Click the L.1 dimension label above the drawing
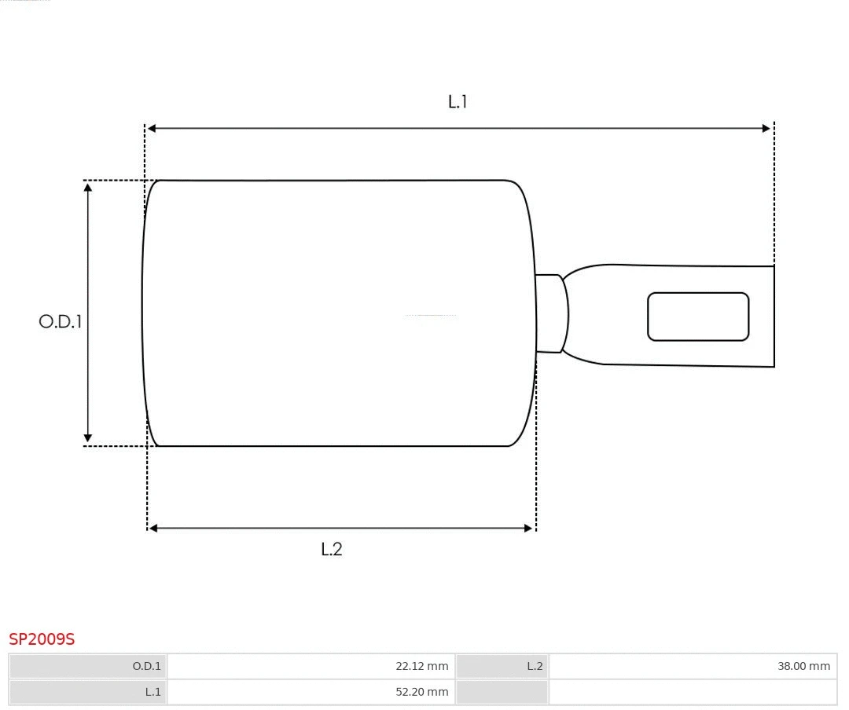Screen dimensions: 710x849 [458, 101]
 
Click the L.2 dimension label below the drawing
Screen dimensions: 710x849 [332, 549]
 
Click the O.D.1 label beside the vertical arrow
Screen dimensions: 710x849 [61, 321]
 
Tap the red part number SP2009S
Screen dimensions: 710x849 [42, 639]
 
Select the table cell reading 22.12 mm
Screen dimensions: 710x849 [311, 666]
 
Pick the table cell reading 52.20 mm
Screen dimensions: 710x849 [311, 692]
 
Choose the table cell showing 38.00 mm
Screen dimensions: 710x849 [692, 666]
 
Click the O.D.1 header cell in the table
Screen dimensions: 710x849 [88, 666]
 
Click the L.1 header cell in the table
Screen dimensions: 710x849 [88, 692]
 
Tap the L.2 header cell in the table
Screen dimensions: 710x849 [502, 666]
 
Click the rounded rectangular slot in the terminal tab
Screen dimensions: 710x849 [698, 317]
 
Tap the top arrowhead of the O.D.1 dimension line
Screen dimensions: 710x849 [88, 187]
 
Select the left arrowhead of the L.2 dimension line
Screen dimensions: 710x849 [153, 529]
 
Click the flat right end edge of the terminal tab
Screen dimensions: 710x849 [774, 317]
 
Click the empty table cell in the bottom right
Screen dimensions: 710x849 [692, 692]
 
